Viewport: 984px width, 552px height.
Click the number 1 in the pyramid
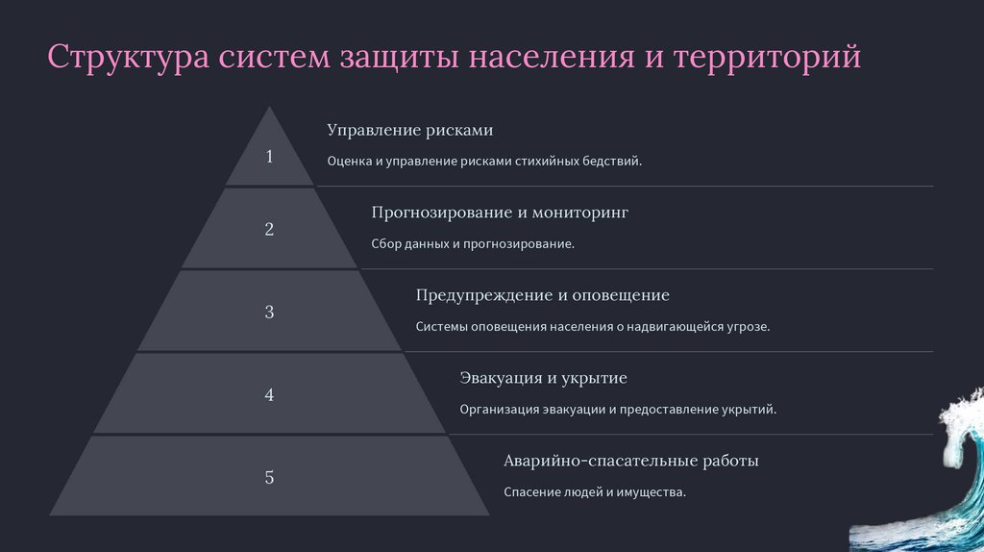pyautogui.click(x=269, y=157)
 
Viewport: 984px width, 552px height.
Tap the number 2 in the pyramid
pyautogui.click(x=269, y=230)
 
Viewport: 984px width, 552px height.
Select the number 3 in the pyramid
pyautogui.click(x=269, y=313)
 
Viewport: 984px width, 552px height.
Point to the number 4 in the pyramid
pyautogui.click(x=269, y=395)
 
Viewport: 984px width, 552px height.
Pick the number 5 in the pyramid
pyautogui.click(x=269, y=477)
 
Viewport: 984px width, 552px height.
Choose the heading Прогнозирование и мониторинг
pyautogui.click(x=499, y=213)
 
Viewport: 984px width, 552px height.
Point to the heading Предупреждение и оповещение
pyautogui.click(x=542, y=295)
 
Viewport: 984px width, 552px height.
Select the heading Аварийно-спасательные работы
pyautogui.click(x=631, y=461)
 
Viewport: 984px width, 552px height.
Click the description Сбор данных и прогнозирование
pyautogui.click(x=472, y=244)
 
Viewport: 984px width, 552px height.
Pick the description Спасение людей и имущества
pyautogui.click(x=595, y=492)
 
